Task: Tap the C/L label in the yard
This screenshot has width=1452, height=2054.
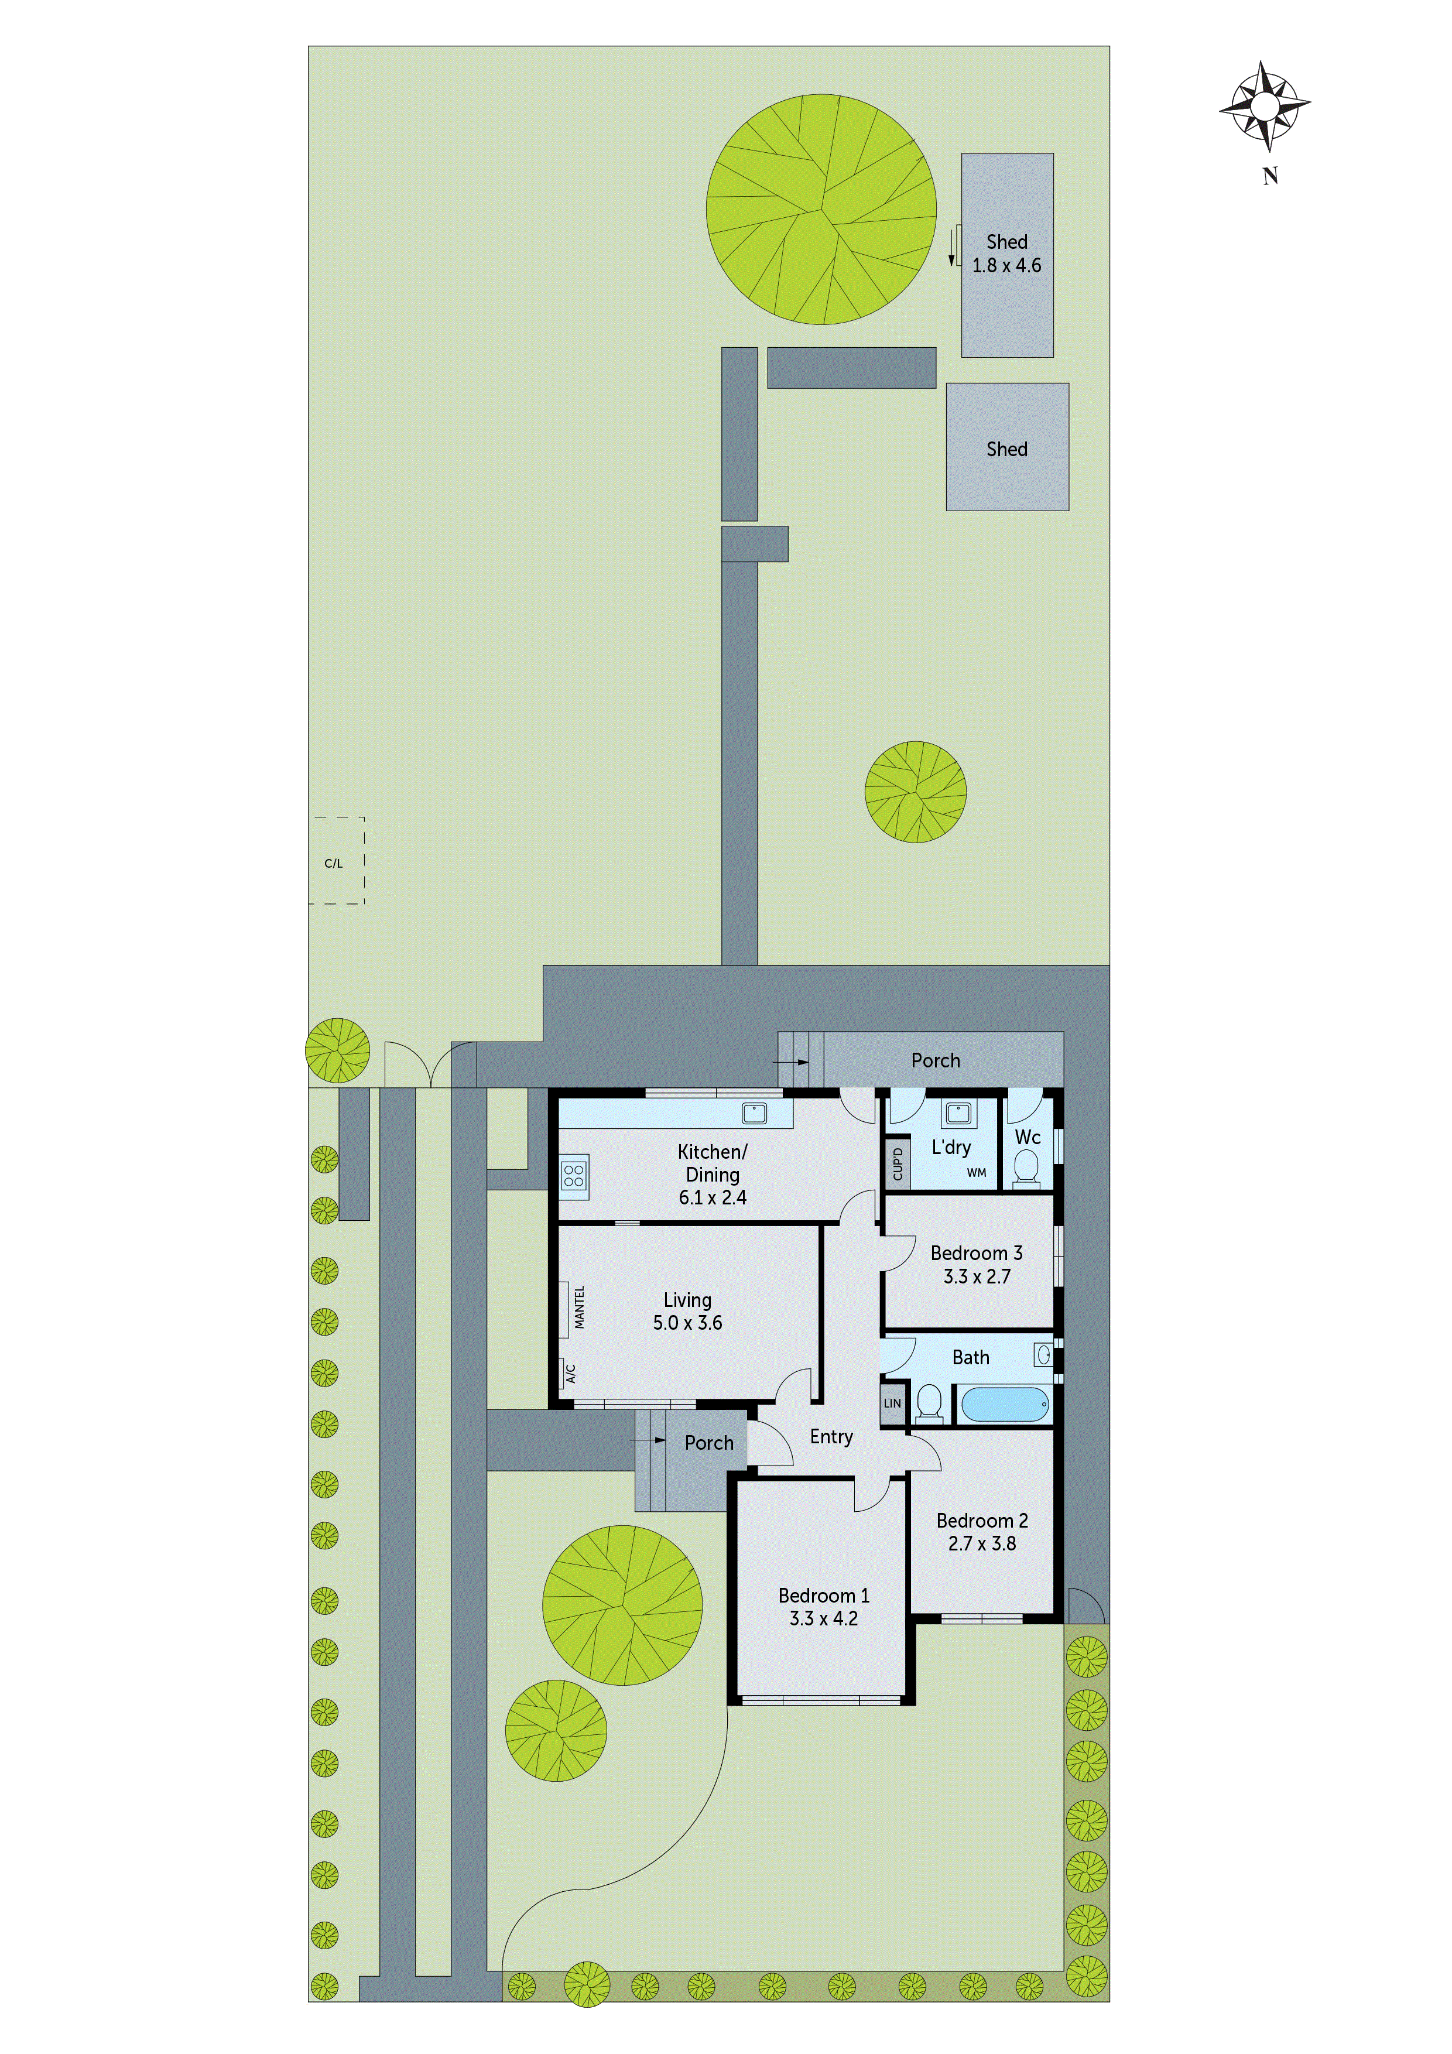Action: click(333, 863)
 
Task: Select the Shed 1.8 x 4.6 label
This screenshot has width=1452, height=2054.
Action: click(1006, 254)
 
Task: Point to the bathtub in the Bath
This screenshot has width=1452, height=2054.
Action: click(1004, 1405)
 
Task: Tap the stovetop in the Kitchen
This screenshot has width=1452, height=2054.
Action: click(573, 1175)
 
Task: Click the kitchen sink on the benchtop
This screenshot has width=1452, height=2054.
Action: click(754, 1113)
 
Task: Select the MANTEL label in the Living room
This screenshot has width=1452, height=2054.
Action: click(580, 1307)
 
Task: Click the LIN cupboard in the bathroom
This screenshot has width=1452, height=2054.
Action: click(892, 1403)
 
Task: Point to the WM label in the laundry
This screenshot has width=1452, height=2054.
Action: click(976, 1173)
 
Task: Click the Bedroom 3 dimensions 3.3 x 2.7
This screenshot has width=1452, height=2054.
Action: click(976, 1276)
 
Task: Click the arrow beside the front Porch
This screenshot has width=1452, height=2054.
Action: click(649, 1440)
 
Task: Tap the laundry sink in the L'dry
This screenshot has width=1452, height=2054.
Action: click(958, 1113)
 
